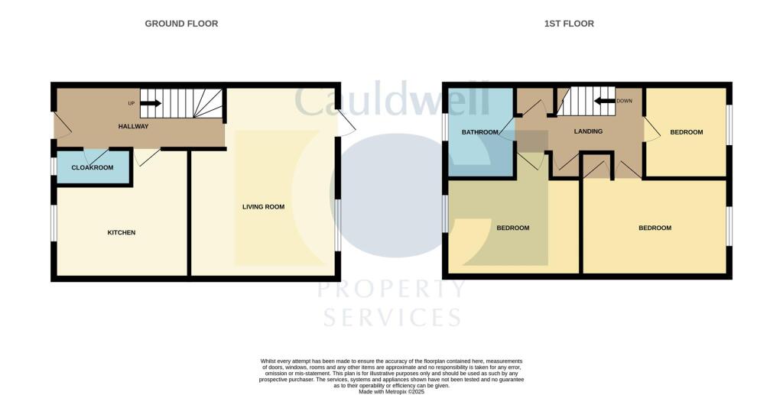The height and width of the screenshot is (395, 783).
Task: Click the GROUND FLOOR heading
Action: [181, 24]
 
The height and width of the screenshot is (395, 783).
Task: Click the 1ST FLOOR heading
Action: [569, 24]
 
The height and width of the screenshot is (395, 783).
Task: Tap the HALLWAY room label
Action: [133, 126]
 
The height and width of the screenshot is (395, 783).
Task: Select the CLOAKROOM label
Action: [93, 167]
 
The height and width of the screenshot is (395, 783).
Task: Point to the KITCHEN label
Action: [121, 232]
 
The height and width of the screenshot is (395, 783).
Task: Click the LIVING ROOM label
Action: [263, 206]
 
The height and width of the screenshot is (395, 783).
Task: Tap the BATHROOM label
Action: [480, 132]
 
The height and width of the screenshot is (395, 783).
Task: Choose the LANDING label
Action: [588, 131]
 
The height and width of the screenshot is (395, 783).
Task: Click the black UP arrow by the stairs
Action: [151, 103]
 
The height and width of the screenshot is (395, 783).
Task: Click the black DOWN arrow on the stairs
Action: [606, 101]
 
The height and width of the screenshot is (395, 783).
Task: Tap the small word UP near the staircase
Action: [132, 103]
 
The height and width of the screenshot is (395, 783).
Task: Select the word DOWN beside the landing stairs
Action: [624, 101]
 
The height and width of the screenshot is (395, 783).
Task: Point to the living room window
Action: [337, 225]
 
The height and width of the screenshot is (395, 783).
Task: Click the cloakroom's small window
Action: [54, 167]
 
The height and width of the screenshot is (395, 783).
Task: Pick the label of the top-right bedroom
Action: [686, 132]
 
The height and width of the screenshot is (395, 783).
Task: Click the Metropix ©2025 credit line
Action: [391, 391]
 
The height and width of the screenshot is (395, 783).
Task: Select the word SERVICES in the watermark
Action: [391, 316]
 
